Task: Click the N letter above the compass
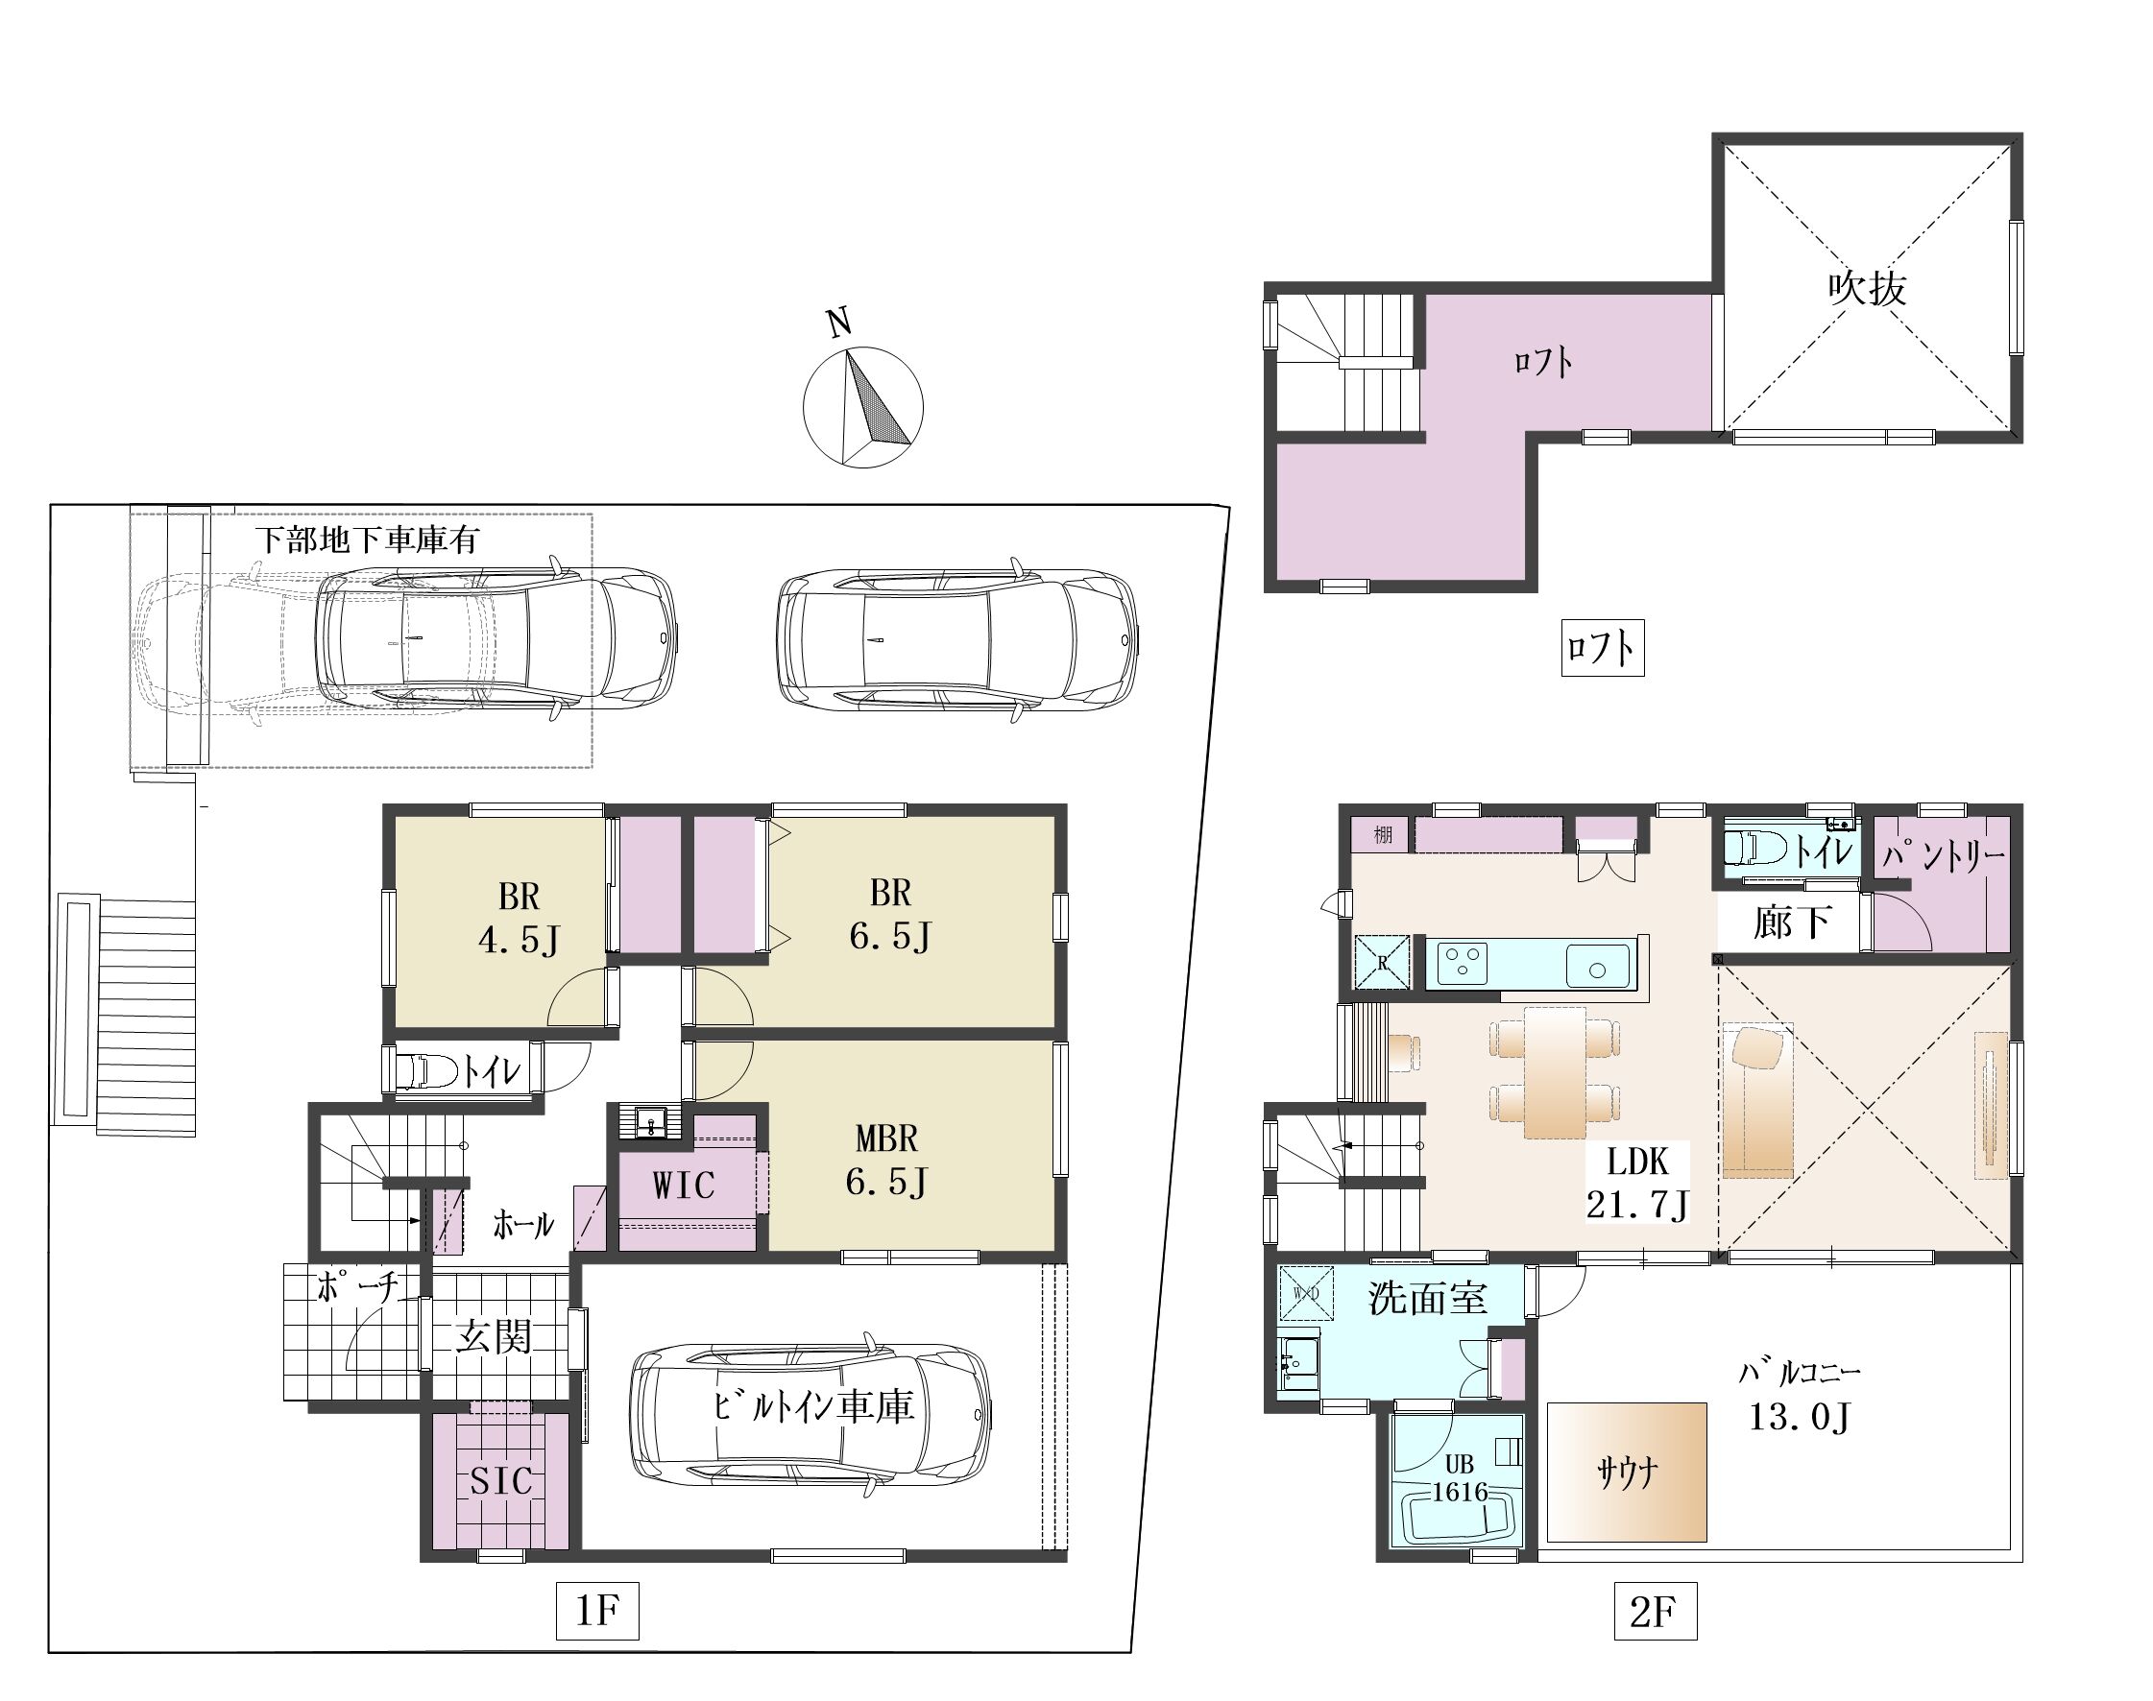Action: coord(840,322)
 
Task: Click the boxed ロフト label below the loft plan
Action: coord(1602,648)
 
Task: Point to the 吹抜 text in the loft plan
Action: coord(1867,288)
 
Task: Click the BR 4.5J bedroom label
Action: coord(520,918)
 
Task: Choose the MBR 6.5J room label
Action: coord(886,1160)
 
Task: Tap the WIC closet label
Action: coord(684,1186)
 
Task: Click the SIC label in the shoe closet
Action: coord(501,1482)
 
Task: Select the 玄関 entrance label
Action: coord(495,1336)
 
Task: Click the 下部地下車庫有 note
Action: coord(367,539)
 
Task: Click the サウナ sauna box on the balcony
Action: coord(1627,1472)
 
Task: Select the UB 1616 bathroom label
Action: coord(1460,1478)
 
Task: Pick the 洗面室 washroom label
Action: coord(1428,1298)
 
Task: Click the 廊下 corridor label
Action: coord(1791,922)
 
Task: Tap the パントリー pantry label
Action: coord(1944,854)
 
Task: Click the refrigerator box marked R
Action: coord(1382,962)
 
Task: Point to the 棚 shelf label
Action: coord(1383,834)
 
